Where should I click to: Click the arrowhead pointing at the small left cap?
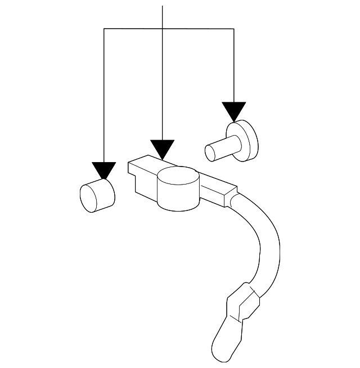click(104, 170)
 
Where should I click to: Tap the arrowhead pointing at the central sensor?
click(162, 149)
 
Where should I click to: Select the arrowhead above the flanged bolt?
click(233, 110)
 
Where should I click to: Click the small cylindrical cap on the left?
click(97, 196)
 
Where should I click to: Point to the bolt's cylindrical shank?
click(220, 149)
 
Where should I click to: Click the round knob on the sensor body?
click(178, 189)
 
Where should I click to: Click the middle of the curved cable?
click(263, 236)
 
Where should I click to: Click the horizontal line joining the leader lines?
click(135, 29)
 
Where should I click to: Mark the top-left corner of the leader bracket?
click(104, 29)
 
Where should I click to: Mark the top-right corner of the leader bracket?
click(233, 29)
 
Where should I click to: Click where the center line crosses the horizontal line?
click(162, 29)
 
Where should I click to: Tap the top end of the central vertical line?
click(162, 7)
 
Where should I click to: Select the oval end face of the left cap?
click(89, 199)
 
